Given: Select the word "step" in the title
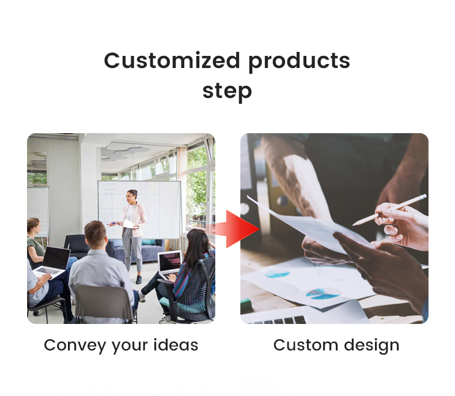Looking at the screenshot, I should [227, 91].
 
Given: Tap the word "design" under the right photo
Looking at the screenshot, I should [371, 345].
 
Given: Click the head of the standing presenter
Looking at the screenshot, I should [132, 196].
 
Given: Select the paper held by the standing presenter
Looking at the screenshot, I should [128, 224].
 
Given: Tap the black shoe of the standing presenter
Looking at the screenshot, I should [139, 280].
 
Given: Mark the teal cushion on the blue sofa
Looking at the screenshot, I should [149, 242].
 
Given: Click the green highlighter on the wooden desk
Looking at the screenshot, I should [247, 302].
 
